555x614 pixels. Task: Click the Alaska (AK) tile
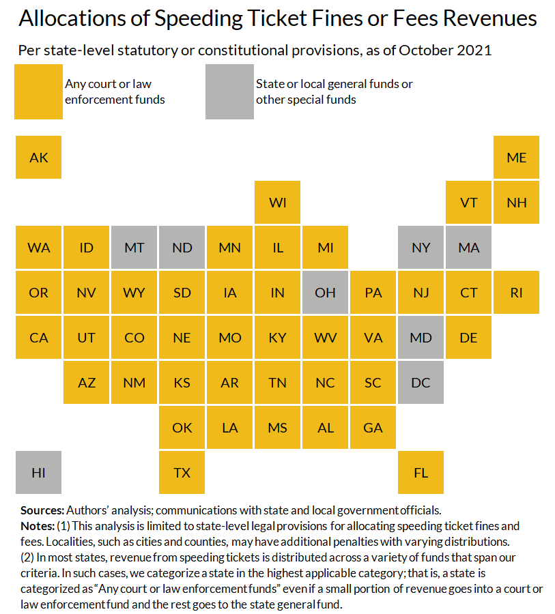[39, 157]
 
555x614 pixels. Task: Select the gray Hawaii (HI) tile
[39, 472]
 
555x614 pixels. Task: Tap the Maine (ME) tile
[517, 157]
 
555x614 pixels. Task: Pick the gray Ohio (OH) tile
[326, 292]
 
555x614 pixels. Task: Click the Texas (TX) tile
[182, 472]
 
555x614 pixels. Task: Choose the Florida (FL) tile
[421, 472]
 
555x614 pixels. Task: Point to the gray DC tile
[421, 382]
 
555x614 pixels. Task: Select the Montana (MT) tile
[134, 247]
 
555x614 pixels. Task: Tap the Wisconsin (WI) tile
[278, 202]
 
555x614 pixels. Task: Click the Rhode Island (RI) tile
[517, 292]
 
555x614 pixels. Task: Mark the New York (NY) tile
[421, 247]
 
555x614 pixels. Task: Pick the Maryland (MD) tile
[421, 337]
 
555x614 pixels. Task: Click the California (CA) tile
[39, 337]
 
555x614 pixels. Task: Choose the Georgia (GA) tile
[373, 427]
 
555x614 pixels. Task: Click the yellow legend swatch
[39, 92]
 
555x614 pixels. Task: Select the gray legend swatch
[229, 92]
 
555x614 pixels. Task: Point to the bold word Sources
[42, 510]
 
